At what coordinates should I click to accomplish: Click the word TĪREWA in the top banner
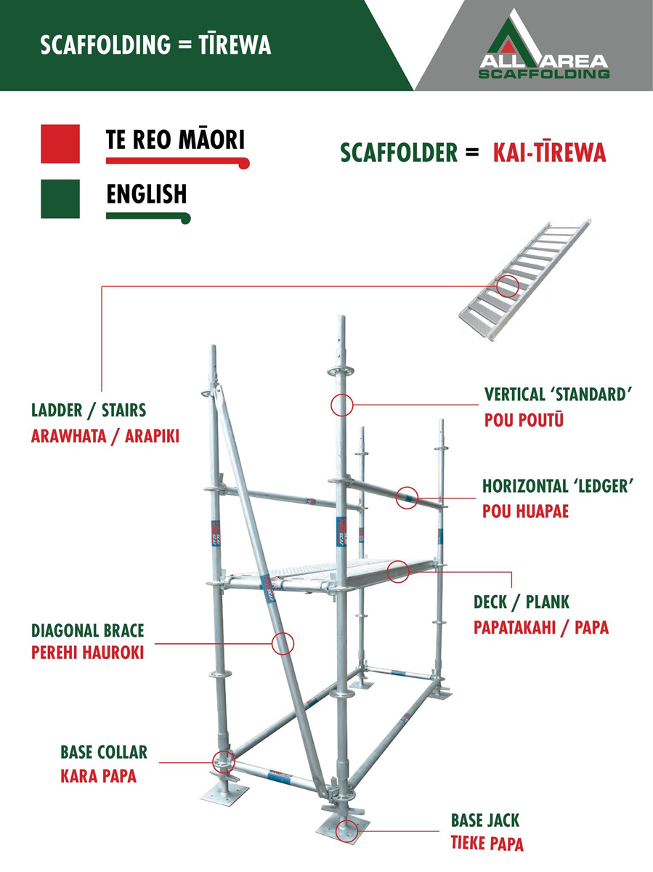235,44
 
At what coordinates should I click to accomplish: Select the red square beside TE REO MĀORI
60,144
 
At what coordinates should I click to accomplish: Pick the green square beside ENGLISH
60,198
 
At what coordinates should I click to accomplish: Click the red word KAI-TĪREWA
550,152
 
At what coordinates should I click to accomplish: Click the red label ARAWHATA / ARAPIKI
105,436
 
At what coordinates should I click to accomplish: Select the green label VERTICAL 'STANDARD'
558,395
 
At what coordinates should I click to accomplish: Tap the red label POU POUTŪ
524,419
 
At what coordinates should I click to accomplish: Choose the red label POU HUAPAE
526,512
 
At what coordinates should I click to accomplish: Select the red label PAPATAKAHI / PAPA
541,628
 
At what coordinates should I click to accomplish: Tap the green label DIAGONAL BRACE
88,631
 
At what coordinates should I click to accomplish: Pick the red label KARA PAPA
99,776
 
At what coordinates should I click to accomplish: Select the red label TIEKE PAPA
487,844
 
